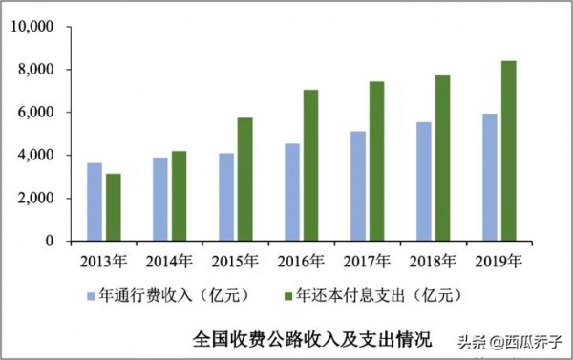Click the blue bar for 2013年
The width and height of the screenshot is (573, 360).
coord(95,201)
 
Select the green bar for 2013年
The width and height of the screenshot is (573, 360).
coord(114,207)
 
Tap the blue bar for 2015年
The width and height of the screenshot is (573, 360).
coord(226,197)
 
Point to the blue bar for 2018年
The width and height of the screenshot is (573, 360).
coord(424,181)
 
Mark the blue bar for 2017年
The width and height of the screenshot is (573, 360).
coord(358,186)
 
